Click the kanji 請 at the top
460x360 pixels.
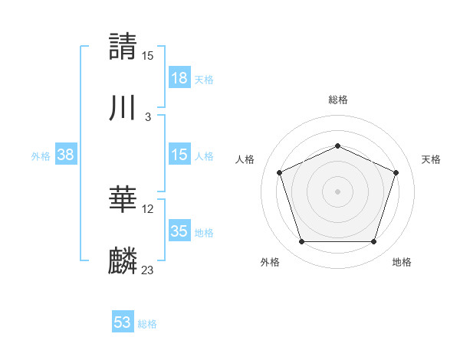tap(123, 46)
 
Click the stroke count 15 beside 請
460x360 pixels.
tap(148, 55)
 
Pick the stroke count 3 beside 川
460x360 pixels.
tap(148, 117)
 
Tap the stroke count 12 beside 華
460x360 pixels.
tap(148, 209)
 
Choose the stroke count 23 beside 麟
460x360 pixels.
tap(148, 270)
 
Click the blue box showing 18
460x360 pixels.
tap(179, 78)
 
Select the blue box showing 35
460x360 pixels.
tap(179, 231)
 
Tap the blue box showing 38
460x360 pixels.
tap(66, 155)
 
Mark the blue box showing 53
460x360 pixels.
tap(123, 322)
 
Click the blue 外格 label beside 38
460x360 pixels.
tap(41, 155)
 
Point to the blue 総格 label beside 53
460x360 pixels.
tap(147, 324)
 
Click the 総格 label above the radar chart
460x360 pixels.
tap(337, 100)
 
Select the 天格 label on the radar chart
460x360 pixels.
tap(431, 159)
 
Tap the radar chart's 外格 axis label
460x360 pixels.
tap(270, 262)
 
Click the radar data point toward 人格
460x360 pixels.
tap(280, 172)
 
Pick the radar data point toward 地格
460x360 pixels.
tap(373, 242)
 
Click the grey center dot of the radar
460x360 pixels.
tap(337, 191)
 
